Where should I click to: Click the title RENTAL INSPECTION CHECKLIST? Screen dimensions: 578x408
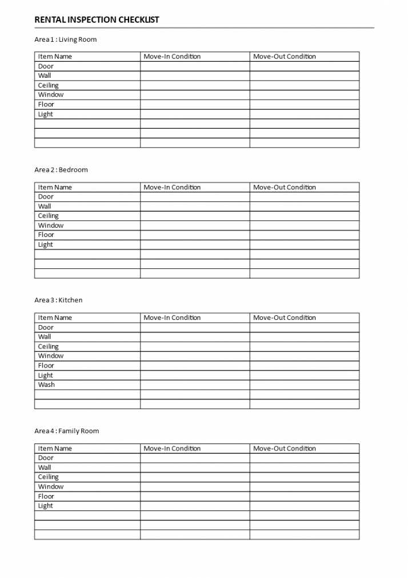[x=97, y=19]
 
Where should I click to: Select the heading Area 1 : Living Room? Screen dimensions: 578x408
[x=66, y=39]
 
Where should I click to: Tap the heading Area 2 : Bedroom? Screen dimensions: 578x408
[x=61, y=170]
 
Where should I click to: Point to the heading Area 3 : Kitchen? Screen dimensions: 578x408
[x=58, y=300]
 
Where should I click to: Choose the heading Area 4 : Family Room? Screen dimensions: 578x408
[x=66, y=431]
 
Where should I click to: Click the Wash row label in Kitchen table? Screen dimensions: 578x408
[x=46, y=385]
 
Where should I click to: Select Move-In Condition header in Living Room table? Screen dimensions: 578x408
[x=172, y=57]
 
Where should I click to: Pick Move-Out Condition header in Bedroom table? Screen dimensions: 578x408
[x=284, y=187]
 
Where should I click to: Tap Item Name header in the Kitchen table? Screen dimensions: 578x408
[x=55, y=318]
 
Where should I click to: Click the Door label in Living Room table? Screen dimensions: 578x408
[x=46, y=66]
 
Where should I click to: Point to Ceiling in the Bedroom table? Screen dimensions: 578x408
[x=49, y=216]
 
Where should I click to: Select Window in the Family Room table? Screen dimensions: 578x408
[x=51, y=486]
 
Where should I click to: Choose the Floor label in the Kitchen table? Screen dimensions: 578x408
[x=46, y=365]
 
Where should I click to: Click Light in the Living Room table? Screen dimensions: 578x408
[x=46, y=114]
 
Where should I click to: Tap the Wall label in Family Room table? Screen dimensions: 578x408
[x=45, y=468]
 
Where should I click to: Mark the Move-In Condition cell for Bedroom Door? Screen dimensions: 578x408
[x=195, y=197]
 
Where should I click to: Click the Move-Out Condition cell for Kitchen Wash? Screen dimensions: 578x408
[x=304, y=385]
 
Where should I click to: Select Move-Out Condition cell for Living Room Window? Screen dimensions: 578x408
[x=304, y=95]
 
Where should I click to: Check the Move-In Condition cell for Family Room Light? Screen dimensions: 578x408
[x=195, y=506]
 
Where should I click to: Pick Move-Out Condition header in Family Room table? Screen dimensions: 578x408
[x=284, y=449]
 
